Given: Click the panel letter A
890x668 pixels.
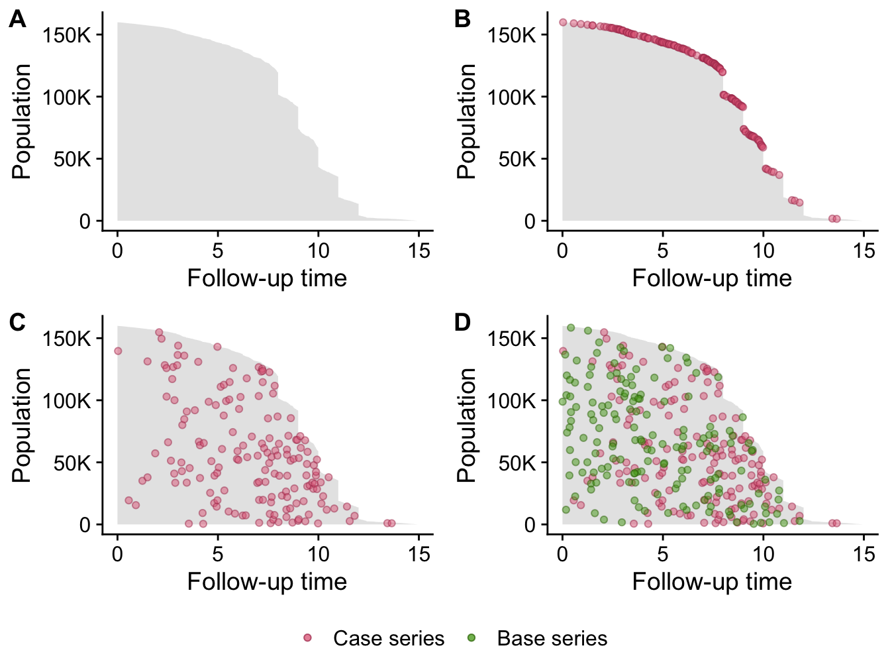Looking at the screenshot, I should (x=17, y=20).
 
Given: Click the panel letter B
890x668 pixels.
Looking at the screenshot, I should (x=462, y=20).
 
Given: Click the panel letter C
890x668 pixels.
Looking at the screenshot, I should (x=17, y=323).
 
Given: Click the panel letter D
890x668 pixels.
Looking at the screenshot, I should (x=462, y=323).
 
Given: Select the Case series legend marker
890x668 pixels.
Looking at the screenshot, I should (x=307, y=638).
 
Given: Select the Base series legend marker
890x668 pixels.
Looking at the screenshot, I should (x=471, y=638).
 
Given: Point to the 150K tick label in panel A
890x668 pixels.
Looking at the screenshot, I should (x=67, y=35).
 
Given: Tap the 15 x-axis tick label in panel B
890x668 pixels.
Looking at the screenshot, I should (x=864, y=250).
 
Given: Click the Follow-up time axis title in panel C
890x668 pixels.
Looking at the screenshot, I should (x=267, y=581).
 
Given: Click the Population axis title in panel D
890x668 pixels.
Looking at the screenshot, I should (x=467, y=425).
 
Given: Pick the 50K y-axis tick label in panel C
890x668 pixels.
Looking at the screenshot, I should (x=72, y=463).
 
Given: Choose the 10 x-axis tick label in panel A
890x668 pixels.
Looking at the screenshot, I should (x=318, y=250).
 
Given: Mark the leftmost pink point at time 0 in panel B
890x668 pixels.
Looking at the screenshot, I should (x=563, y=23).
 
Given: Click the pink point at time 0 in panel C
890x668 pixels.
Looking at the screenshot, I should (x=118, y=351).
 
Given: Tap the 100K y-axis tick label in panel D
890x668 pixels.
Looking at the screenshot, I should (x=512, y=401).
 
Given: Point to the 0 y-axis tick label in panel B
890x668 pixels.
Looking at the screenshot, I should (x=530, y=221).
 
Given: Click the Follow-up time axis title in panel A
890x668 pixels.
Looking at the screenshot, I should (x=267, y=278).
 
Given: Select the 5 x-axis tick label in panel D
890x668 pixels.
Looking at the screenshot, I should (x=662, y=554).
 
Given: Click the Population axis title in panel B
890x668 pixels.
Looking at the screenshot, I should (x=467, y=121).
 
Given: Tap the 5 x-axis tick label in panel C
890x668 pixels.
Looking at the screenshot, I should (x=217, y=554).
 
